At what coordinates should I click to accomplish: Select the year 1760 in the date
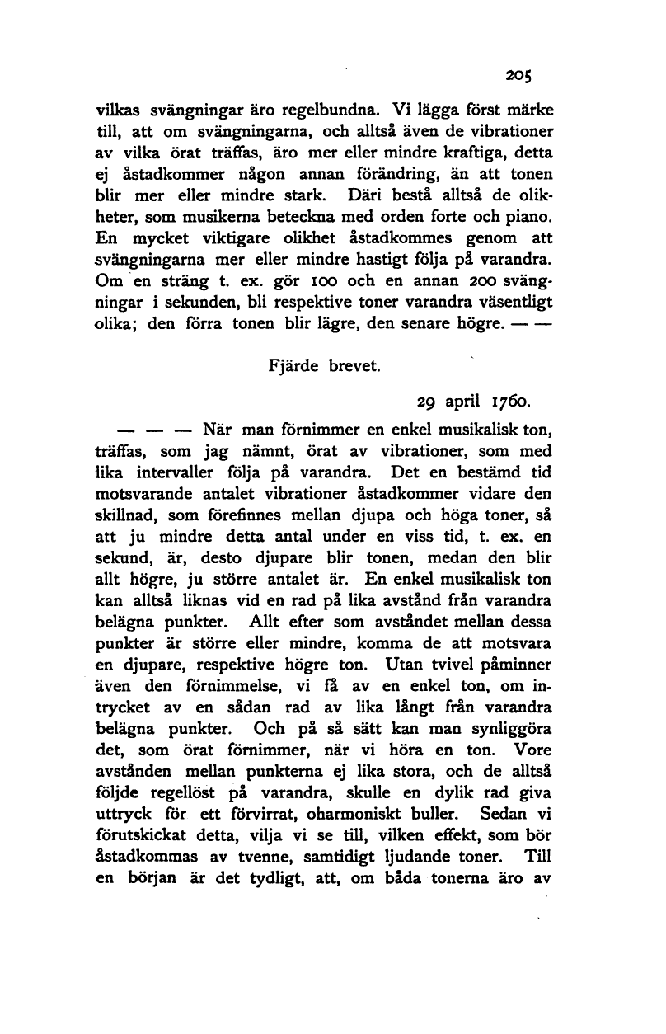coord(512,404)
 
